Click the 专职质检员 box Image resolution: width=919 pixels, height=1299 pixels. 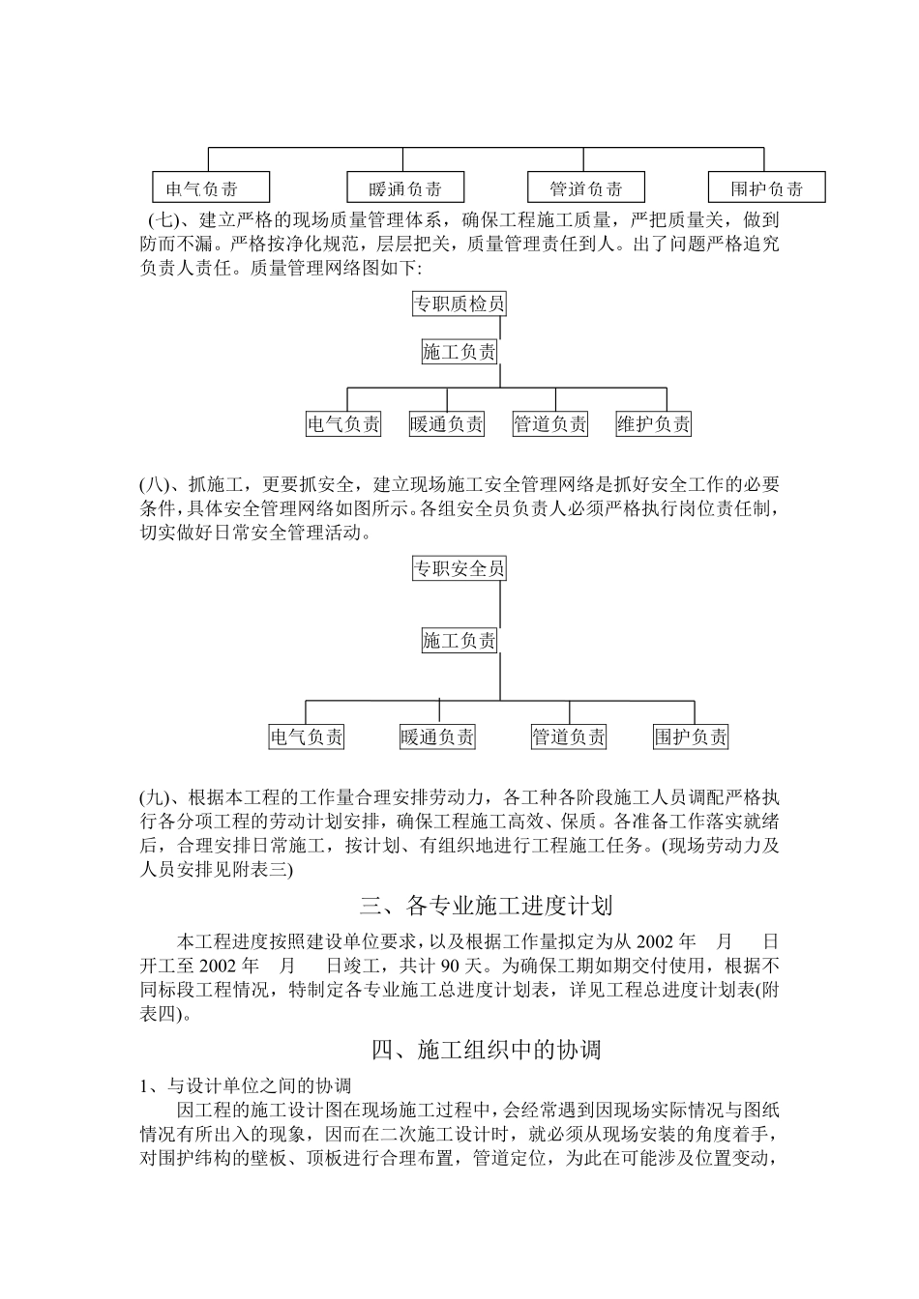(459, 304)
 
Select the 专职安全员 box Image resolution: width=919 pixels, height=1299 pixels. (459, 568)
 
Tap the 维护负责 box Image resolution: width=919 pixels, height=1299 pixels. (654, 423)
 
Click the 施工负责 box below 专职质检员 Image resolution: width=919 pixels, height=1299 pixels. (459, 352)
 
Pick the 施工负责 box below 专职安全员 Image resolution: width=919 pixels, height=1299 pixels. (459, 640)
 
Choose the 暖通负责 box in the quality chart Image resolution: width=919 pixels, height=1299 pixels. (447, 423)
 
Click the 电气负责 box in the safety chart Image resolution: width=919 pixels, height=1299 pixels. (307, 737)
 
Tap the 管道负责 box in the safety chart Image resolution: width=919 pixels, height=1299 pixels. (569, 737)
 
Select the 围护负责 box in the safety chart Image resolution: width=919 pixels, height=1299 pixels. (691, 737)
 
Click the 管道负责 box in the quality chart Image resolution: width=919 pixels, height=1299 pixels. (550, 423)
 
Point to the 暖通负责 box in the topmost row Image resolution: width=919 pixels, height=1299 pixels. (406, 188)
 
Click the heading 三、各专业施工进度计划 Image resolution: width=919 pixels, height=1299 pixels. (486, 906)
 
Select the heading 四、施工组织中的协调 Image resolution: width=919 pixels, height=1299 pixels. (486, 1049)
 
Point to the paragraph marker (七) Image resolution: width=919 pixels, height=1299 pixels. (163, 220)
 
